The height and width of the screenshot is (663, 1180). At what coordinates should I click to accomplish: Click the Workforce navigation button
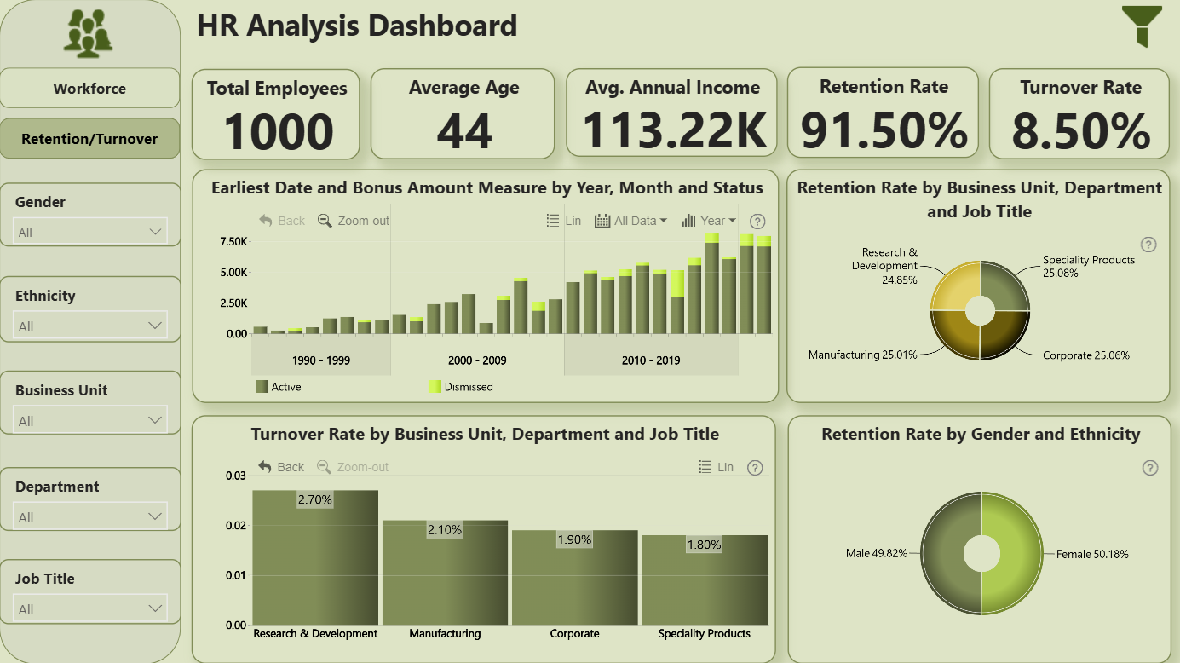pos(89,88)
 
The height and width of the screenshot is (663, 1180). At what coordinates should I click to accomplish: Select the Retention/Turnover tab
pos(89,139)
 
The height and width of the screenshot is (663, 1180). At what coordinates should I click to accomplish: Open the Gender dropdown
pos(90,231)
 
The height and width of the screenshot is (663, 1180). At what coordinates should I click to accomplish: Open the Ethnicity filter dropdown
pos(90,326)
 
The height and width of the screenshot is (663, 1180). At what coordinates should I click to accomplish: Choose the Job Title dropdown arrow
pos(155,608)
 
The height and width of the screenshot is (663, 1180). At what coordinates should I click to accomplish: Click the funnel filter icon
pos(1142,26)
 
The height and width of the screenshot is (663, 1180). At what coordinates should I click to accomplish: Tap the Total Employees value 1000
pos(279,131)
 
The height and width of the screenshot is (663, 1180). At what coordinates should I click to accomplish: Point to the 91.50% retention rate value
pos(884,130)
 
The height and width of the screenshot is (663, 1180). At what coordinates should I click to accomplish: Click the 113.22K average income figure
pos(674,130)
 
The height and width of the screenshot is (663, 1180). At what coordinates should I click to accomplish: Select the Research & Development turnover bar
pos(315,557)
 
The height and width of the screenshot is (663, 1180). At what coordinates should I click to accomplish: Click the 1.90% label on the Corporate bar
pos(574,539)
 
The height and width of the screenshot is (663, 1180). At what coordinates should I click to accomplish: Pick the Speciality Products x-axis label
pos(704,633)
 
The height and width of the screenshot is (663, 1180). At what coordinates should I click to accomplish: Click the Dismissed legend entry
pos(461,387)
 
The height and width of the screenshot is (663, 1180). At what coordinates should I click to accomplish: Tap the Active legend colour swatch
pos(262,387)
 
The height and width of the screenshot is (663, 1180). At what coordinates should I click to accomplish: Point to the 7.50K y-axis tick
pos(233,241)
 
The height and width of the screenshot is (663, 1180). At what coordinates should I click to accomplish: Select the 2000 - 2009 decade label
pos(477,360)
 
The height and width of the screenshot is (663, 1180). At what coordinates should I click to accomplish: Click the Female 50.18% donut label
pos(1092,554)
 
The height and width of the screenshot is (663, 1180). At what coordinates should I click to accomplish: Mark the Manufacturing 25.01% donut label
pos(862,355)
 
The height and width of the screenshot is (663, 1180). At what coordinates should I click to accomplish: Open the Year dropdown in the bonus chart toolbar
pos(709,221)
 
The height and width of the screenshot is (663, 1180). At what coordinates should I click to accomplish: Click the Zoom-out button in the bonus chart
pos(354,221)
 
